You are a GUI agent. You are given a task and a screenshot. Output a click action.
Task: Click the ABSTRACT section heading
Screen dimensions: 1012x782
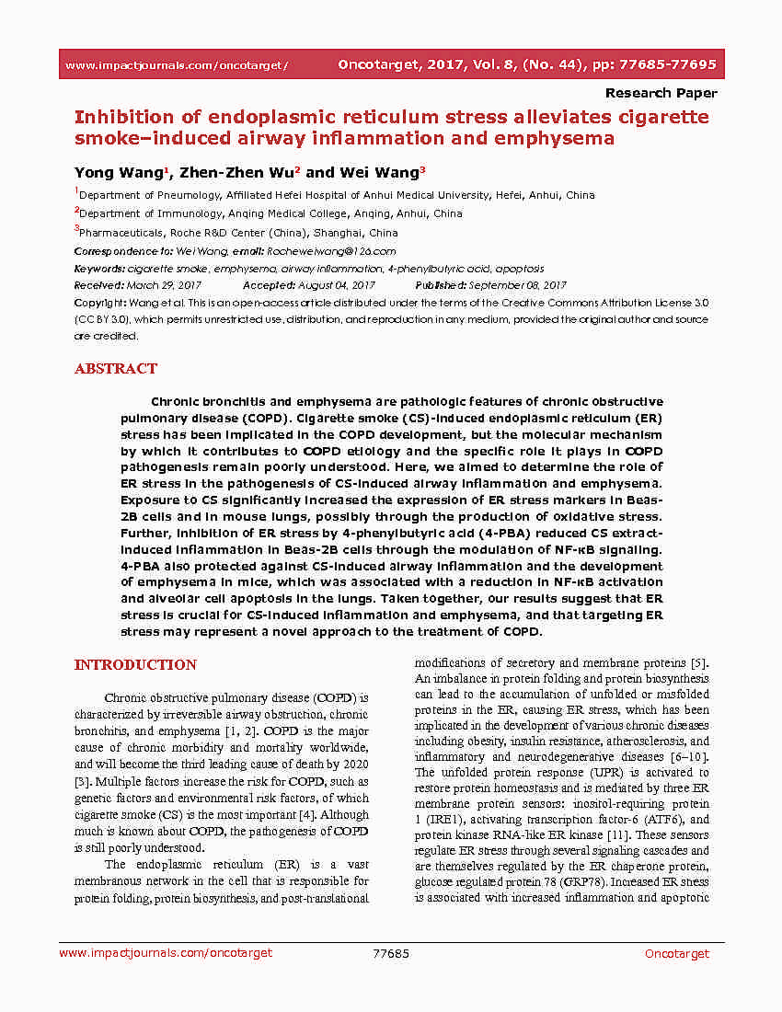point(115,369)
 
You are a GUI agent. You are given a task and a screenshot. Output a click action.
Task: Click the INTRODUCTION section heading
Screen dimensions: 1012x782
point(135,665)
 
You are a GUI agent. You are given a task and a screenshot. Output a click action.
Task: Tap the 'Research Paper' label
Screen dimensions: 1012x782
point(661,93)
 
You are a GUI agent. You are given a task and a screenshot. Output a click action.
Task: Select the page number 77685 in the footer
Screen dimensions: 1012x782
point(391,953)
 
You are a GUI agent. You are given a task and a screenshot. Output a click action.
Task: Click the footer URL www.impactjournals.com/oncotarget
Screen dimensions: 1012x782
point(166,953)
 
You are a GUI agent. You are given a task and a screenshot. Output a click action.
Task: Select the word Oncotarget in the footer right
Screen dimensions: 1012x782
point(677,953)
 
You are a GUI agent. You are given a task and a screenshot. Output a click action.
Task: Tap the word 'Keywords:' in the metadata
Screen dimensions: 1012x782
point(99,269)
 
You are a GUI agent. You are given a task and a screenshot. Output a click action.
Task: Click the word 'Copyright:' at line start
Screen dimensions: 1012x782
point(101,303)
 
